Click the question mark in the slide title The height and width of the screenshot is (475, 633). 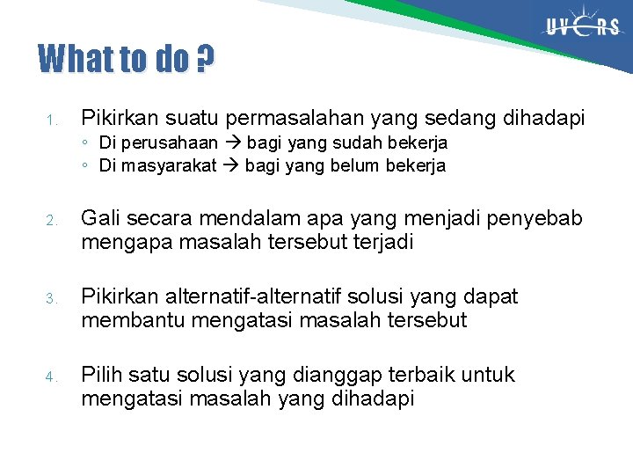point(205,60)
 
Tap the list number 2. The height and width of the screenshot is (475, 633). point(51,220)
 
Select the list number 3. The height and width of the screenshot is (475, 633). point(51,299)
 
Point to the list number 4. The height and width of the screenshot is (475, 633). point(51,377)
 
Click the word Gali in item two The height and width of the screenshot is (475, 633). point(98,218)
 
